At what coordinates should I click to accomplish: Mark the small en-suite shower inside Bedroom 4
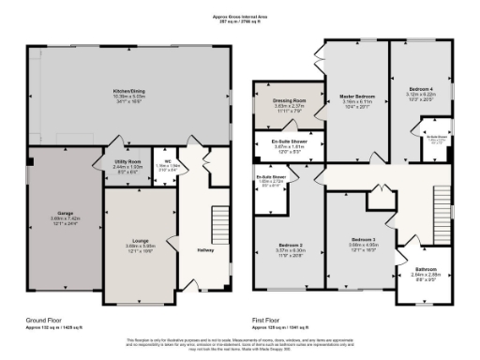[x=437, y=141]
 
